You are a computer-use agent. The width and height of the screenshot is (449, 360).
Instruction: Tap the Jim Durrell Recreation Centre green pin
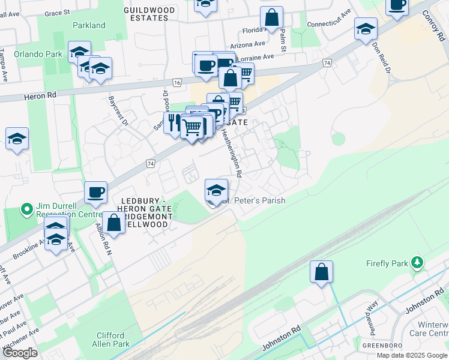26,209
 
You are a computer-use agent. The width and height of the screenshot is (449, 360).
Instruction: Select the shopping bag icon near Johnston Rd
322,271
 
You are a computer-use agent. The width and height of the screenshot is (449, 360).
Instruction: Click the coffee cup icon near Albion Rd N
96,193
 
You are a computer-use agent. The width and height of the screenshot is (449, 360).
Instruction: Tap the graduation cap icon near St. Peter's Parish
216,191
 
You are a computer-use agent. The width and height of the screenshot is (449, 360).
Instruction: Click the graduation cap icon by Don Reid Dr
366,28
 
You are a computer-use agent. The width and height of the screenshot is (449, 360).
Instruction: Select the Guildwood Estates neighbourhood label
149,14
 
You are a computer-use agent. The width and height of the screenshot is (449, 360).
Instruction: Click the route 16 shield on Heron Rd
176,82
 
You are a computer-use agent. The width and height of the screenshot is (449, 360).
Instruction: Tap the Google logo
19,353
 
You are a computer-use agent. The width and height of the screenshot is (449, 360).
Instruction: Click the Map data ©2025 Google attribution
412,355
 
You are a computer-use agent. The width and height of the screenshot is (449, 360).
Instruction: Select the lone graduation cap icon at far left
17,139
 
